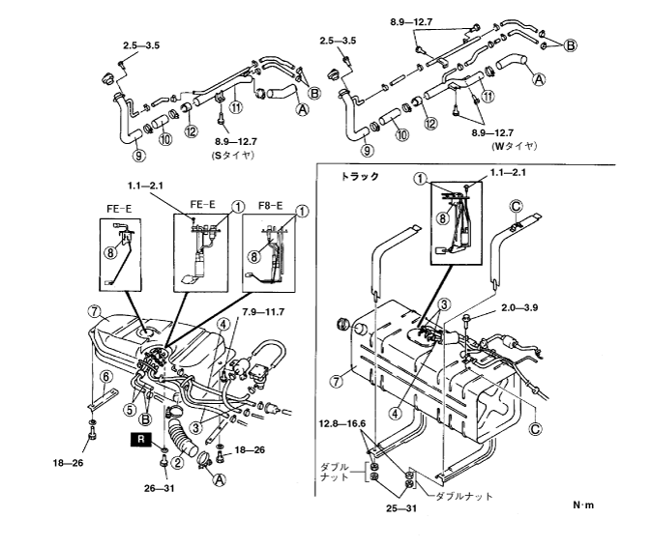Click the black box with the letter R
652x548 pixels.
pos(141,440)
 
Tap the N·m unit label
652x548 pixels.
pos(583,505)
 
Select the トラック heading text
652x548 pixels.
pos(360,177)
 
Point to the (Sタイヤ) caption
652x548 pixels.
pos(233,156)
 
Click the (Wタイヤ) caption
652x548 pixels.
pos(515,146)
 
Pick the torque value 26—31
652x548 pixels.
pos(160,489)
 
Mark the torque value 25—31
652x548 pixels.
pos(401,508)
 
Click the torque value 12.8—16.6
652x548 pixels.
pos(342,424)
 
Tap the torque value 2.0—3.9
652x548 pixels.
pos(519,308)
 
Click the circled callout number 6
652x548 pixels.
pos(106,377)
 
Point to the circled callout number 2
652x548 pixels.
pos(178,462)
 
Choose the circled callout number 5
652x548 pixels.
pos(130,410)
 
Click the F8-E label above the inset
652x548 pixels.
pos(270,206)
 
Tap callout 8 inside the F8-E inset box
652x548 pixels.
pos(254,257)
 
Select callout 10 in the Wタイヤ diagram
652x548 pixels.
pos(401,134)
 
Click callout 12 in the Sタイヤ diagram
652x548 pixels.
pos(192,131)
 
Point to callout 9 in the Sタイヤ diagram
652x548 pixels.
pos(139,156)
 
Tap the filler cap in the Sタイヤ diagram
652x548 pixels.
pos(107,77)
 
